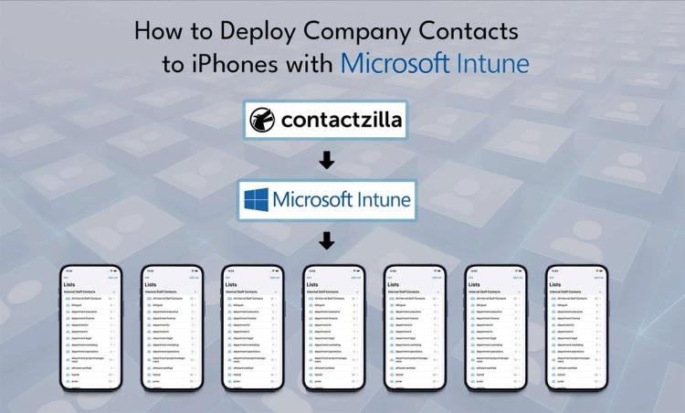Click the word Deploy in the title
[247, 32]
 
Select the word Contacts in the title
[473, 32]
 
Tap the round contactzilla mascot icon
[262, 120]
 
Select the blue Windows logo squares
[257, 199]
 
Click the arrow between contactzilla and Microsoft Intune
[326, 160]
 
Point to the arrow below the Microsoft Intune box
[326, 241]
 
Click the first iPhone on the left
[91, 329]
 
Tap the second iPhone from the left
[172, 329]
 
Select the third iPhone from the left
[253, 329]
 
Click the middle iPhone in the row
[334, 329]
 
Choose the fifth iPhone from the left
[416, 329]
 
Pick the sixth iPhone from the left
[496, 329]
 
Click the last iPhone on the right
[577, 329]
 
